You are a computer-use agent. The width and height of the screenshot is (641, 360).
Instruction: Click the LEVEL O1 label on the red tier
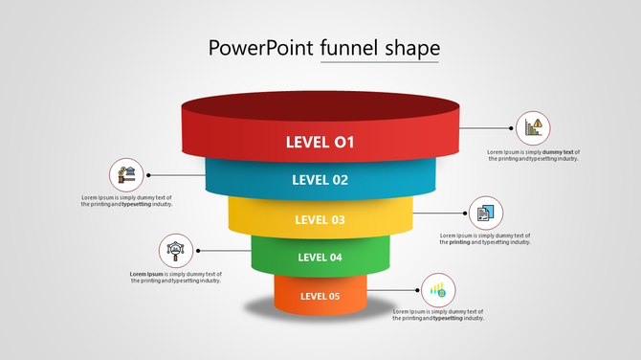click(x=320, y=143)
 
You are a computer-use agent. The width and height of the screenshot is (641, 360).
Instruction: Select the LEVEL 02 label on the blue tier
click(x=320, y=179)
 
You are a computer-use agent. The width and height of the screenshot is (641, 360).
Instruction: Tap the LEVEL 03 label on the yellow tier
click(x=320, y=219)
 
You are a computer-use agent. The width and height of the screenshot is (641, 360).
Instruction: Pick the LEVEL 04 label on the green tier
click(x=320, y=257)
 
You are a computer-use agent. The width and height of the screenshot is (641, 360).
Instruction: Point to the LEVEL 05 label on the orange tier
click(x=320, y=296)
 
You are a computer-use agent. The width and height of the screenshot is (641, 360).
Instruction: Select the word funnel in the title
click(x=349, y=48)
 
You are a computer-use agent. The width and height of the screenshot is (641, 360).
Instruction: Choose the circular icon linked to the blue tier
click(x=127, y=175)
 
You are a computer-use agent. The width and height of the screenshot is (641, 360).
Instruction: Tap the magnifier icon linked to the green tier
click(x=175, y=252)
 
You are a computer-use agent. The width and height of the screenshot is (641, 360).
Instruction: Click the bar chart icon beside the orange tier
click(x=438, y=289)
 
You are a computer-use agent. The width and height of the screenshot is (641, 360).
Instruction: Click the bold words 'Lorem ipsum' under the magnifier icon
click(x=146, y=274)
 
